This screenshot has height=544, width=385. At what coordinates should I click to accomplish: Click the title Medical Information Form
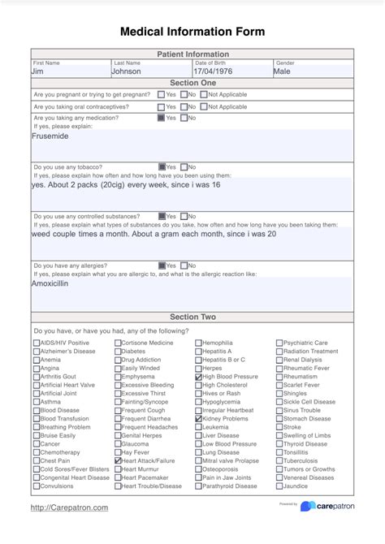[192, 32]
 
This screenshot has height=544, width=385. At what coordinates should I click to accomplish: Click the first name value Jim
[38, 71]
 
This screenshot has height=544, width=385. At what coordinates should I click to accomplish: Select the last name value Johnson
[127, 71]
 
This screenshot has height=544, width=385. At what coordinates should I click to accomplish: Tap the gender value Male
[282, 71]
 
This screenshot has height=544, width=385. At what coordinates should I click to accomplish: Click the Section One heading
[192, 83]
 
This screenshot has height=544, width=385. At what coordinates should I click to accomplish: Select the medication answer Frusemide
[50, 136]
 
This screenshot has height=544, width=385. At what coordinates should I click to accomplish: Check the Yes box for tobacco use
[162, 166]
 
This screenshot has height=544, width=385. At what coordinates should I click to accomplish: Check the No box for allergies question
[184, 265]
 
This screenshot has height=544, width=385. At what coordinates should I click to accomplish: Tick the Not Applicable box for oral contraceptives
[203, 106]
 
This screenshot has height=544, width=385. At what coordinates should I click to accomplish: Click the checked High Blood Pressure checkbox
[199, 377]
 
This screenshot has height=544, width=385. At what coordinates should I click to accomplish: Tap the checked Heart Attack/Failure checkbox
[118, 460]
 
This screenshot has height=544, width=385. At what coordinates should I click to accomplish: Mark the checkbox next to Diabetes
[118, 352]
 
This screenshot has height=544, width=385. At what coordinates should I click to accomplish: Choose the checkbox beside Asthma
[37, 402]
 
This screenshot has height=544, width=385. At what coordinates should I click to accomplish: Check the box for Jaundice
[279, 486]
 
